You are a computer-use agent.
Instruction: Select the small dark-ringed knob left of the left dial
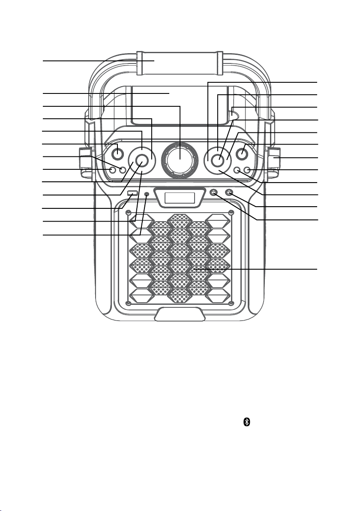[117, 152]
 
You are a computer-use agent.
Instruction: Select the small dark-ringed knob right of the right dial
[243, 152]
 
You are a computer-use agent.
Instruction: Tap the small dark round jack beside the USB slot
[147, 194]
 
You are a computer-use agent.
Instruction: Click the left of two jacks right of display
[214, 193]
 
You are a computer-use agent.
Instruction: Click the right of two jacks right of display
[229, 193]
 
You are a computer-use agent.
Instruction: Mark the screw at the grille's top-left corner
[128, 213]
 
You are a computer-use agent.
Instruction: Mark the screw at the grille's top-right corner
[231, 213]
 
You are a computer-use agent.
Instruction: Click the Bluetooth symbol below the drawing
[246, 422]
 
